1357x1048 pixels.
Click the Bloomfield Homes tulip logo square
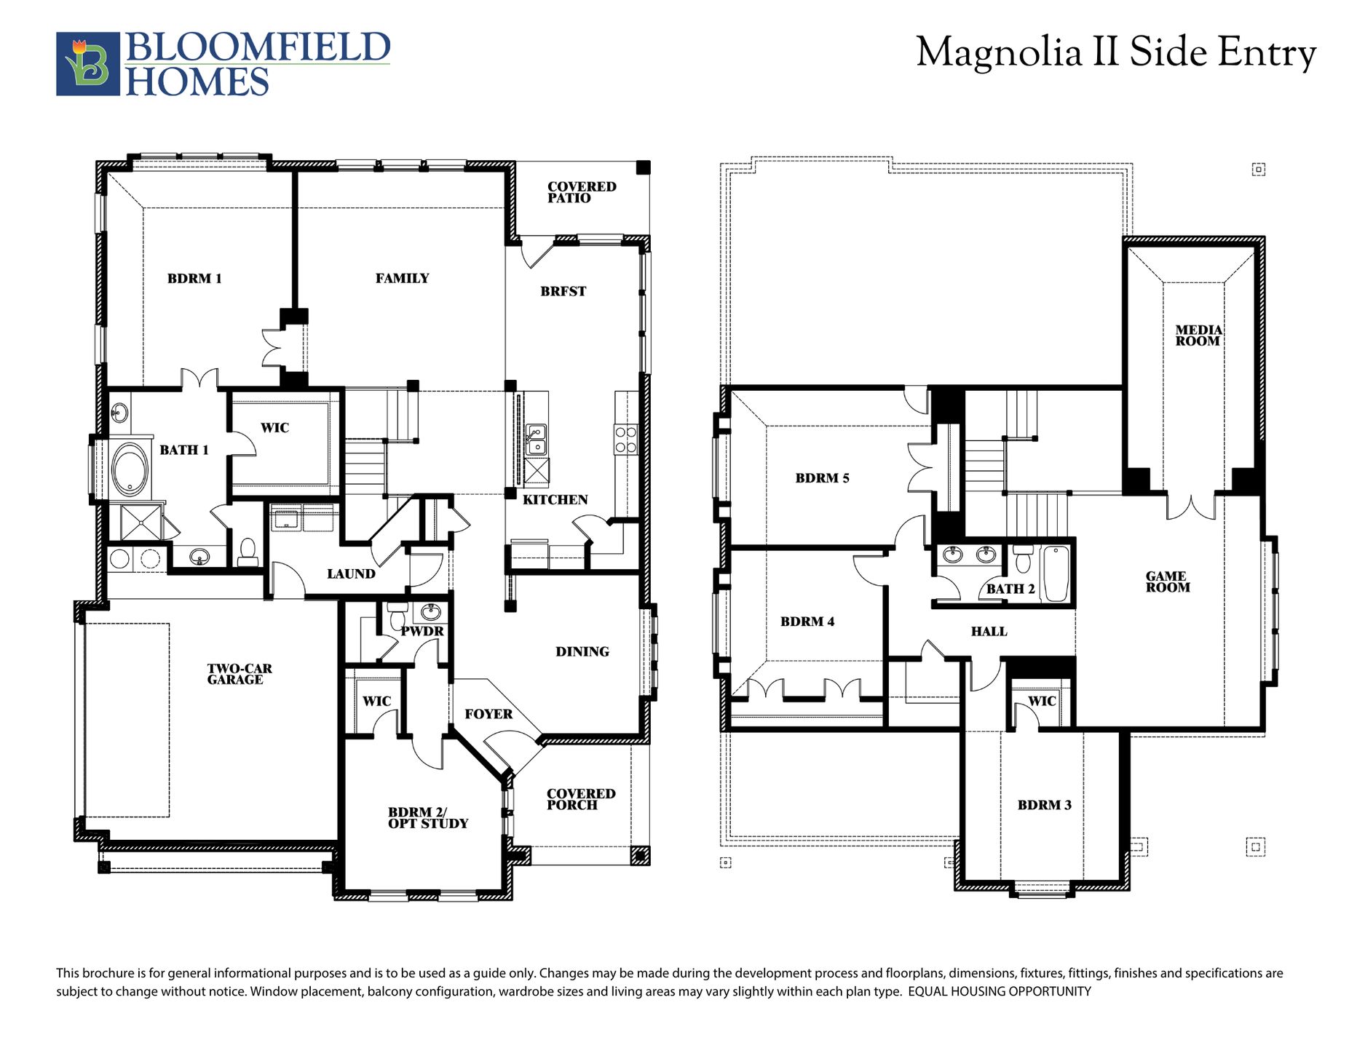click(88, 64)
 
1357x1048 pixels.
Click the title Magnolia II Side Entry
click(1116, 52)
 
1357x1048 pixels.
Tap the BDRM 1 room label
click(194, 278)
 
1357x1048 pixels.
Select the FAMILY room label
click(402, 278)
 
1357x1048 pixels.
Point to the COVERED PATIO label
click(582, 192)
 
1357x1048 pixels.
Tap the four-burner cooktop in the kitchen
click(625, 440)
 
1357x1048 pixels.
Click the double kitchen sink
click(535, 439)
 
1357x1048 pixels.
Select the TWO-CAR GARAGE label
click(239, 674)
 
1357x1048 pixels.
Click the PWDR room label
click(422, 631)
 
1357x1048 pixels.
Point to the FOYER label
click(488, 714)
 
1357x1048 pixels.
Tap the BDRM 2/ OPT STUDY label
click(428, 818)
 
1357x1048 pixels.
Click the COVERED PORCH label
click(581, 799)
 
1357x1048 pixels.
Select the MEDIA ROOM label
click(1198, 336)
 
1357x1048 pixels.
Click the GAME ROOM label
click(1168, 581)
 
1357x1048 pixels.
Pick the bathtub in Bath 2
click(1055, 574)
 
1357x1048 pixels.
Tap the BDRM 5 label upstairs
click(822, 478)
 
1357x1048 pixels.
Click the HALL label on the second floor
click(989, 632)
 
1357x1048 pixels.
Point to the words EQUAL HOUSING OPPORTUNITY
click(1000, 991)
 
